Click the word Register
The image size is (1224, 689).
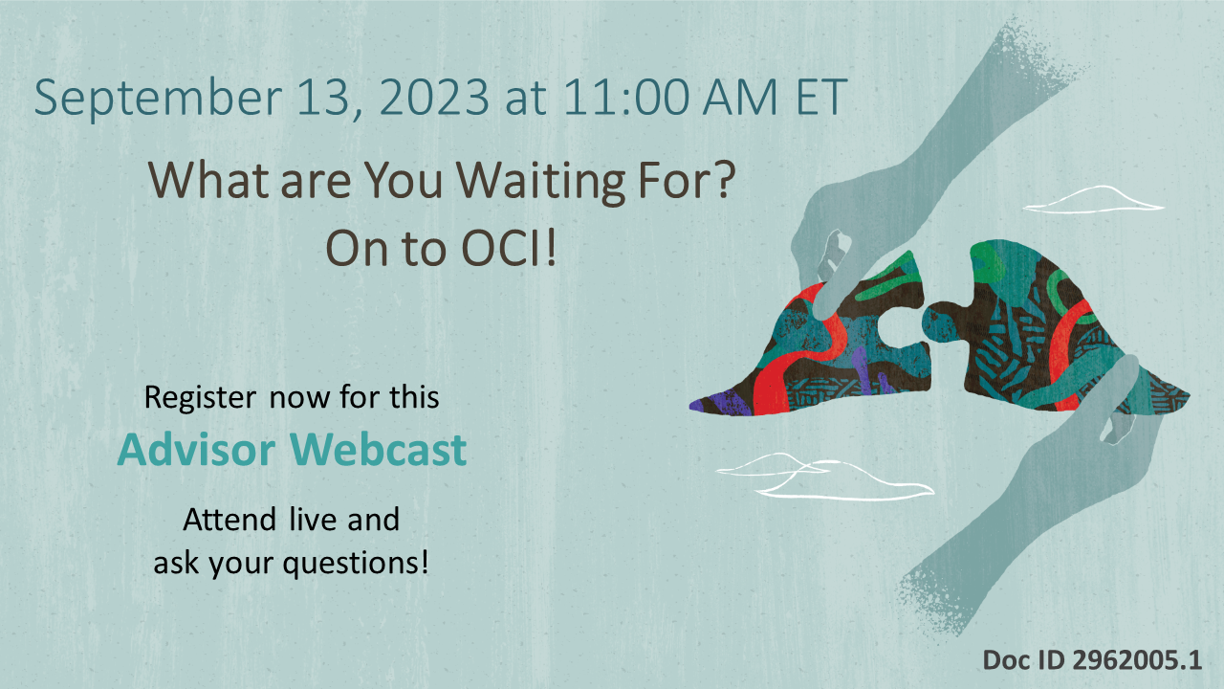coord(199,397)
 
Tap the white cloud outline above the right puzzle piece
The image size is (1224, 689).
coord(1095,199)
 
